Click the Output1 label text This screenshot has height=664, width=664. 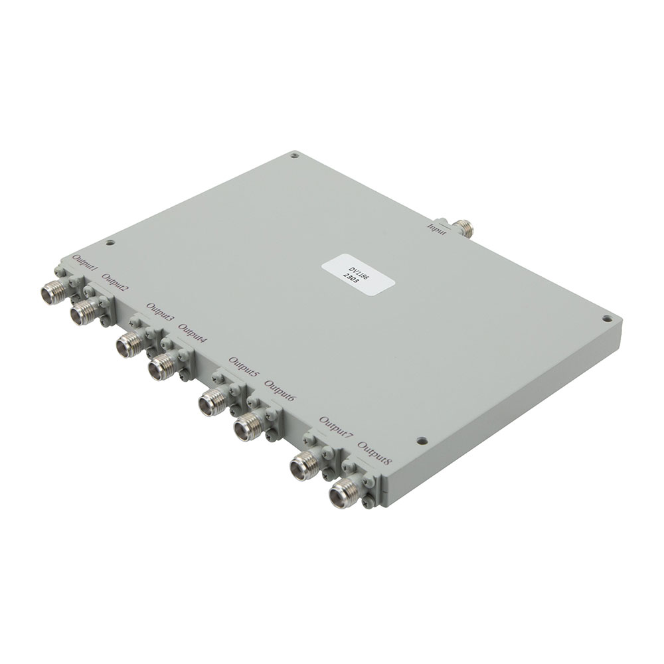84,266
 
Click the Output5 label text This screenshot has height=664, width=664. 243,367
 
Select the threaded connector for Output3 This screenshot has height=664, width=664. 128,345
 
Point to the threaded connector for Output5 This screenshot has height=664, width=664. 211,402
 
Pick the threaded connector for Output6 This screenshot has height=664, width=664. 246,425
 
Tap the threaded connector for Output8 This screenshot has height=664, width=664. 343,494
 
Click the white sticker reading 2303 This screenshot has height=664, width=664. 359,274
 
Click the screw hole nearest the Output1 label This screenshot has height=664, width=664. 111,242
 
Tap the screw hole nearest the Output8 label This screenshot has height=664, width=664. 420,440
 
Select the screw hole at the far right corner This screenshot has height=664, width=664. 607,318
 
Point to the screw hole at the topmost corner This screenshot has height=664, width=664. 293,157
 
